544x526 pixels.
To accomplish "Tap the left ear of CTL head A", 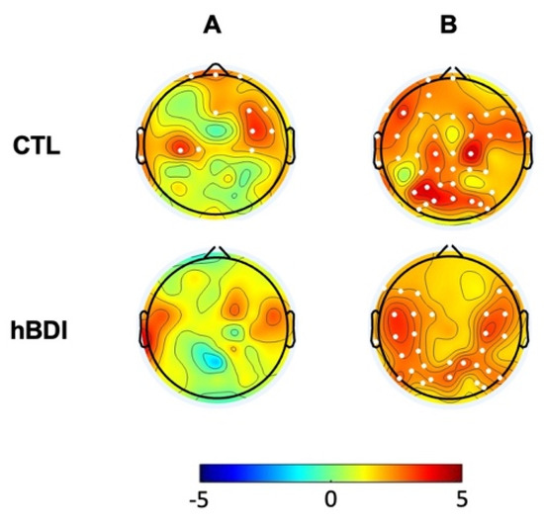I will coord(139,145).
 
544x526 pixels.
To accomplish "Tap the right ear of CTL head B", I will coord(528,145).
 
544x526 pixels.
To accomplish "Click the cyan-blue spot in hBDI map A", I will coord(210,361).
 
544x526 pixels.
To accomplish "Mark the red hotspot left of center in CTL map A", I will coord(180,147).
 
